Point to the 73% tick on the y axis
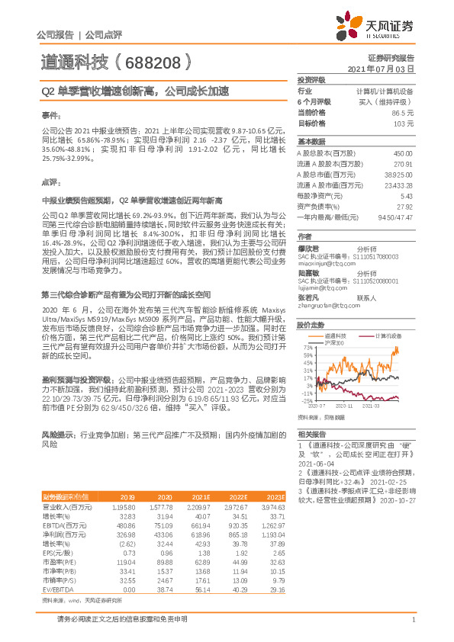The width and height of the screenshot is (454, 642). click(306, 348)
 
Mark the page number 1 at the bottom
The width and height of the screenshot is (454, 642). click(413, 628)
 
